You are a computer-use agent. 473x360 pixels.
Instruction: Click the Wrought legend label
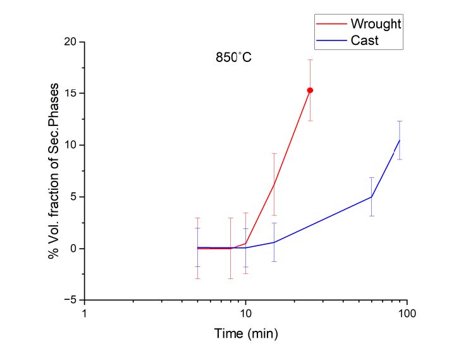click(376, 23)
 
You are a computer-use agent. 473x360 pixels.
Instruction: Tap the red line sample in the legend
click(329, 23)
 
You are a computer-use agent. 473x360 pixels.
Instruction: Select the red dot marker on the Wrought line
click(310, 90)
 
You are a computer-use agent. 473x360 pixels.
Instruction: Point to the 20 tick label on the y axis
click(69, 42)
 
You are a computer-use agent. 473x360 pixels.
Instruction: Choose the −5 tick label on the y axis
click(70, 300)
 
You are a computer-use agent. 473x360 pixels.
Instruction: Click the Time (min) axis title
click(246, 333)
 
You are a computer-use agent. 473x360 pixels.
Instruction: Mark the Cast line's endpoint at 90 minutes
click(399, 140)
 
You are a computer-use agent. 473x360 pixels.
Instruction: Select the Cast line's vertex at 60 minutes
click(371, 197)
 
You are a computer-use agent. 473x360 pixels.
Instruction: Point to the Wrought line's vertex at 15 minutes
click(274, 183)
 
